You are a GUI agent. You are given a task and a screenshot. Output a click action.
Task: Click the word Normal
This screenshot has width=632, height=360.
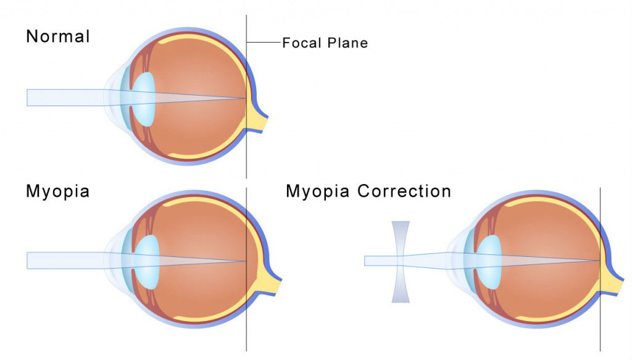click(57, 36)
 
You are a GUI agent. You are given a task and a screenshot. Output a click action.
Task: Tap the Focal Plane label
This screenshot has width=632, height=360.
click(325, 43)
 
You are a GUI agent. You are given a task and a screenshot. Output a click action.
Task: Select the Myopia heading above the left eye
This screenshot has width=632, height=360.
click(57, 191)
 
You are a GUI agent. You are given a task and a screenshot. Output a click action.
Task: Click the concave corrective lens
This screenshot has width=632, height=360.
click(401, 262)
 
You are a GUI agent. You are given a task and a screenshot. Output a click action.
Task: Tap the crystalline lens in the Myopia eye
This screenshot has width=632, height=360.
click(148, 261)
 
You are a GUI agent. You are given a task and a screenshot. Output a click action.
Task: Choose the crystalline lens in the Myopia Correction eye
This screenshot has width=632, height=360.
click(489, 261)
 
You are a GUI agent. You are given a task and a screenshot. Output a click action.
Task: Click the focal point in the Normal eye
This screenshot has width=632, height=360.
click(246, 98)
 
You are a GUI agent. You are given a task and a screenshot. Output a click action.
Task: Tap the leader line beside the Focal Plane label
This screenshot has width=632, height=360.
click(264, 42)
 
